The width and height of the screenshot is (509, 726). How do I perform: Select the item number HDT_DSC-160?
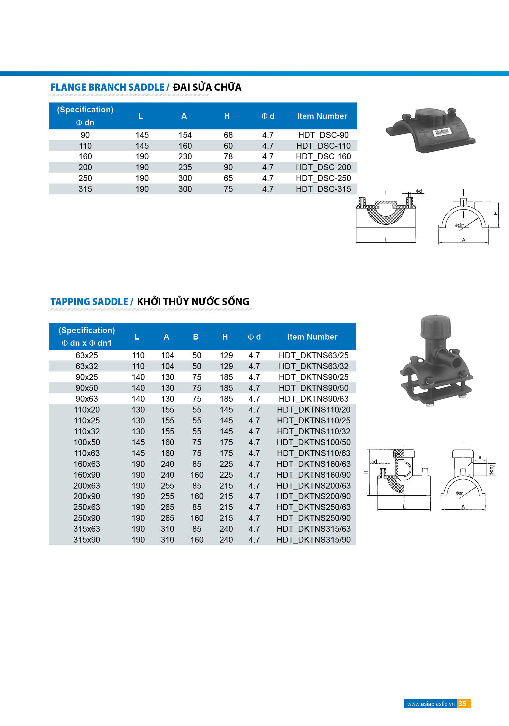pyautogui.click(x=323, y=156)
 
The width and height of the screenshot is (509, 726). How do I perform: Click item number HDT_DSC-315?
pyautogui.click(x=323, y=189)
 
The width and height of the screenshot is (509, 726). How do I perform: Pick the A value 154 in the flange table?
pyautogui.click(x=185, y=135)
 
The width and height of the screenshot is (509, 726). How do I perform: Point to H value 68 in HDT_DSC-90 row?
pyautogui.click(x=228, y=135)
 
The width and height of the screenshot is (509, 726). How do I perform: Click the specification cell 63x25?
pyautogui.click(x=87, y=355)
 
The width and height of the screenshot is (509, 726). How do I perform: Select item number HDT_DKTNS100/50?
pyautogui.click(x=313, y=442)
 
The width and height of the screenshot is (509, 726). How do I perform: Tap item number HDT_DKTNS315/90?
pyautogui.click(x=313, y=540)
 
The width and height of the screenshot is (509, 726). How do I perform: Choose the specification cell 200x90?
pyautogui.click(x=87, y=496)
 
